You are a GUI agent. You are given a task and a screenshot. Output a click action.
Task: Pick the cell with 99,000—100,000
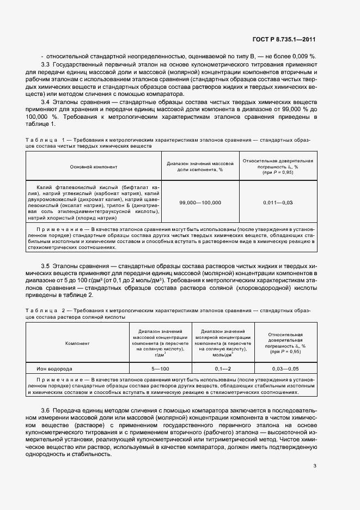coord(200,202)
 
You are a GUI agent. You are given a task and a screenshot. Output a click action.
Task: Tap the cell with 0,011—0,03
coord(278,202)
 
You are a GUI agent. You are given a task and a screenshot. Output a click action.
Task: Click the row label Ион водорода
coord(54,369)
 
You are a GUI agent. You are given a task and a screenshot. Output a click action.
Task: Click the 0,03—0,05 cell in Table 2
coord(285,369)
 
